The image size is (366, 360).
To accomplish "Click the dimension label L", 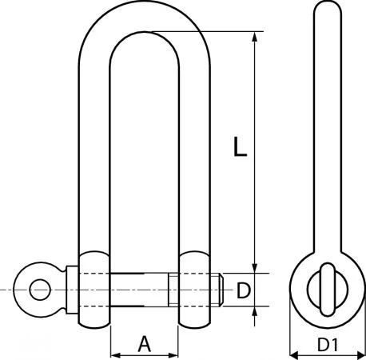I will pos(237,146).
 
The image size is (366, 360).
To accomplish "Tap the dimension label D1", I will pos(327,346).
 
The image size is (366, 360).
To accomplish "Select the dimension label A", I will pos(145,344).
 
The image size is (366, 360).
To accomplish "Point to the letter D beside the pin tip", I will pos(245,288).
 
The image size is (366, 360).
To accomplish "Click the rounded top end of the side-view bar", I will pos(327,10).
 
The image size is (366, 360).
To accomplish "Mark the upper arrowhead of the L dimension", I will pos(256,37).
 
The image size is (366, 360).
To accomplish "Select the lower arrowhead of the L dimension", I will pos(256,269).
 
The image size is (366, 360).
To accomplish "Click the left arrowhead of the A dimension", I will pos(113,354).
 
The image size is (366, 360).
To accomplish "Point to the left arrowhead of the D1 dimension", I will pos(291,354).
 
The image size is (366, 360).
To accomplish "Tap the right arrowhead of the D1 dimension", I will pos(362,354).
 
